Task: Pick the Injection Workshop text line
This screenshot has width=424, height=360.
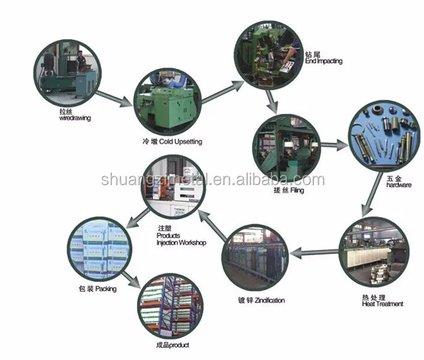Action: (181, 243)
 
